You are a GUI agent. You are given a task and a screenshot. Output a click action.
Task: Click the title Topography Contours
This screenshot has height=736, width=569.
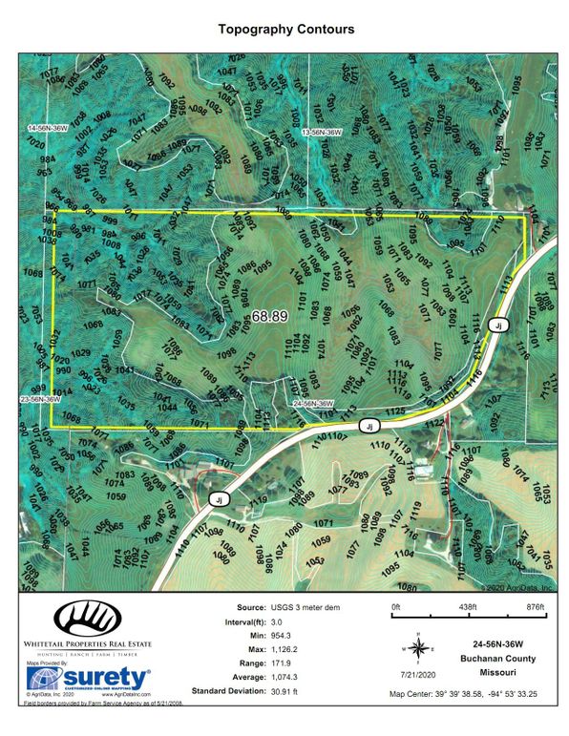click(x=285, y=30)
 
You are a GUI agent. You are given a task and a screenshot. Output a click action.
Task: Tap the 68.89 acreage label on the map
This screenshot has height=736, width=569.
click(x=270, y=316)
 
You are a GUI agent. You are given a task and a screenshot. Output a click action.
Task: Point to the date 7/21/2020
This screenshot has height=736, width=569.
click(x=417, y=674)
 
